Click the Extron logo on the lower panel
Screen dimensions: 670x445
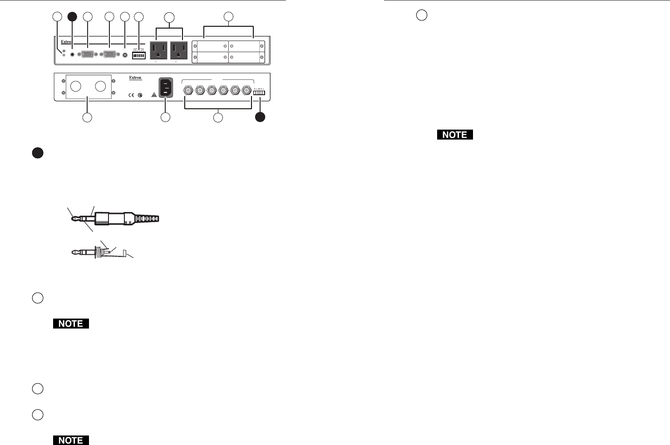pos(135,78)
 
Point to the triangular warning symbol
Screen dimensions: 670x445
pos(153,95)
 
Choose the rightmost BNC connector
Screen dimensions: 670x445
pos(246,91)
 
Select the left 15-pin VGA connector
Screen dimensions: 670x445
pos(88,54)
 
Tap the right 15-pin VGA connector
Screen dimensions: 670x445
pos(109,54)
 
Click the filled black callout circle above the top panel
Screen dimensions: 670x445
pos(72,17)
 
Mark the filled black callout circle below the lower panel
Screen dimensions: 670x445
pos(260,117)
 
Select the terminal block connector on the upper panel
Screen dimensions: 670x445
pos(138,54)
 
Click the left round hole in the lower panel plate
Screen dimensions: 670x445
pos(77,87)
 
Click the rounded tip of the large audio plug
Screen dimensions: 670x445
pos(73,218)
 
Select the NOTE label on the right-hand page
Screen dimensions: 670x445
pos(455,135)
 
